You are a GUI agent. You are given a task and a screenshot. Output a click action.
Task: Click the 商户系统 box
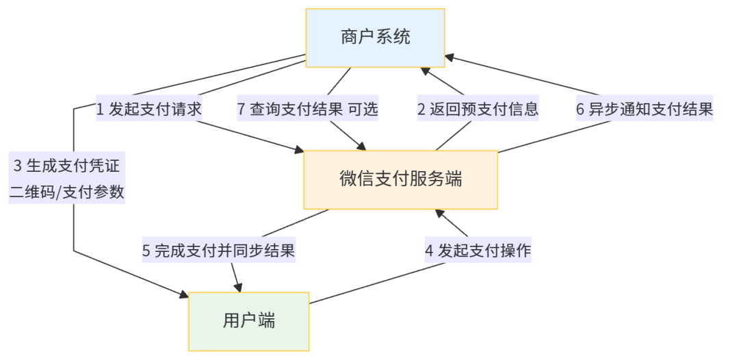(375, 37)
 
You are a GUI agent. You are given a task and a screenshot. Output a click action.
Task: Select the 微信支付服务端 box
(400, 179)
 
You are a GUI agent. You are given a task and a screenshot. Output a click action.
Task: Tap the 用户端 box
(248, 320)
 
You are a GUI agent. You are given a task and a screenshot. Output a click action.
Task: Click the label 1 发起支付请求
(149, 109)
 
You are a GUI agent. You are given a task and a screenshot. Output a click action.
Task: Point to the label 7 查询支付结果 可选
(307, 109)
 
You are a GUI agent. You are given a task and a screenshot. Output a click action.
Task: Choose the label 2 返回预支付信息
(478, 109)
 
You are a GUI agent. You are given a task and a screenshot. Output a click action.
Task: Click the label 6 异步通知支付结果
(644, 109)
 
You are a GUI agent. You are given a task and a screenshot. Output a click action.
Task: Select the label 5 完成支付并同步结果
(218, 250)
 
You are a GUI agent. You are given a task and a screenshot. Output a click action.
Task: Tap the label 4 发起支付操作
(478, 250)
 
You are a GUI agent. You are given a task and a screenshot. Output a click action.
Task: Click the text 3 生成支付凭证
(66, 166)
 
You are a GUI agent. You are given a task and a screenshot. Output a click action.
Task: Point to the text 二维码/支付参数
(66, 192)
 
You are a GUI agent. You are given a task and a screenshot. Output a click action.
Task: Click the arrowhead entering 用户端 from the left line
(183, 296)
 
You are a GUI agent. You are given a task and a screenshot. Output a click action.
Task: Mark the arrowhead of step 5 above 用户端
(238, 285)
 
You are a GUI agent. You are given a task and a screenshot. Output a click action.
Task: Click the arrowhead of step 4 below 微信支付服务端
(439, 216)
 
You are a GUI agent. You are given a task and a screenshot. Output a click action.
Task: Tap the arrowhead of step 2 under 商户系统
(425, 72)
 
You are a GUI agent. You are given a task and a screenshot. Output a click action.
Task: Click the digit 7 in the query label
(241, 109)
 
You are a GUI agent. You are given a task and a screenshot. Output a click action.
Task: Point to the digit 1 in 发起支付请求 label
(100, 109)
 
